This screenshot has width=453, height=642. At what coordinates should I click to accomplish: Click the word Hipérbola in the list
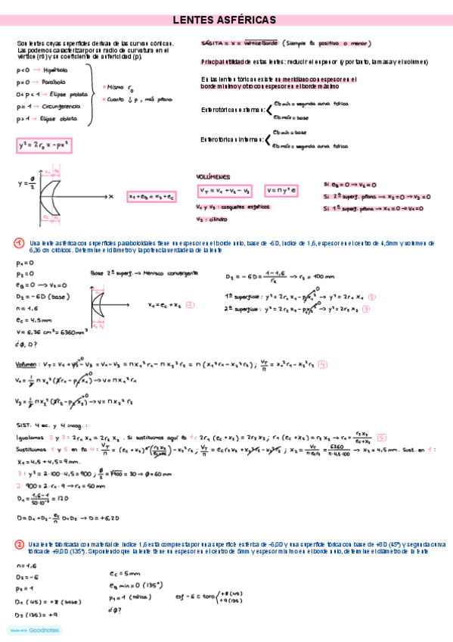point(55,70)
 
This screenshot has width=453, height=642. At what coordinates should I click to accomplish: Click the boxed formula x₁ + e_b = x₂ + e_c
point(151,196)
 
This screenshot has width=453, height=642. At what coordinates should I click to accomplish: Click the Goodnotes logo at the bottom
point(35,629)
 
